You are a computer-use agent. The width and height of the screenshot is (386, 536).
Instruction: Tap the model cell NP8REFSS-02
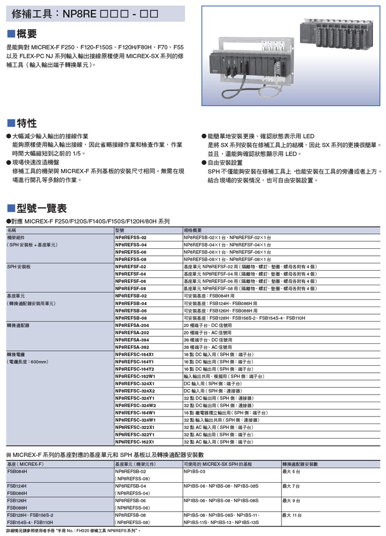(x=131, y=238)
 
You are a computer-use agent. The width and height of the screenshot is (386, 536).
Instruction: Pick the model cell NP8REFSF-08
(x=130, y=289)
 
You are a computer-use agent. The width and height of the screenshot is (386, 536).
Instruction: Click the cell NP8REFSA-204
(x=132, y=325)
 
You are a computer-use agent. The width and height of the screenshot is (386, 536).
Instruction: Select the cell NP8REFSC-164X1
(x=134, y=354)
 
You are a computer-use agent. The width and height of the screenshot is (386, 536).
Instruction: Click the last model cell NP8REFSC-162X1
(x=134, y=441)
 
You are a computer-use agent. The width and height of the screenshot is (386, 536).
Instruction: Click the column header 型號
(x=120, y=230)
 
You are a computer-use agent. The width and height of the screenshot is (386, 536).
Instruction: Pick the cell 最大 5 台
(x=292, y=471)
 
